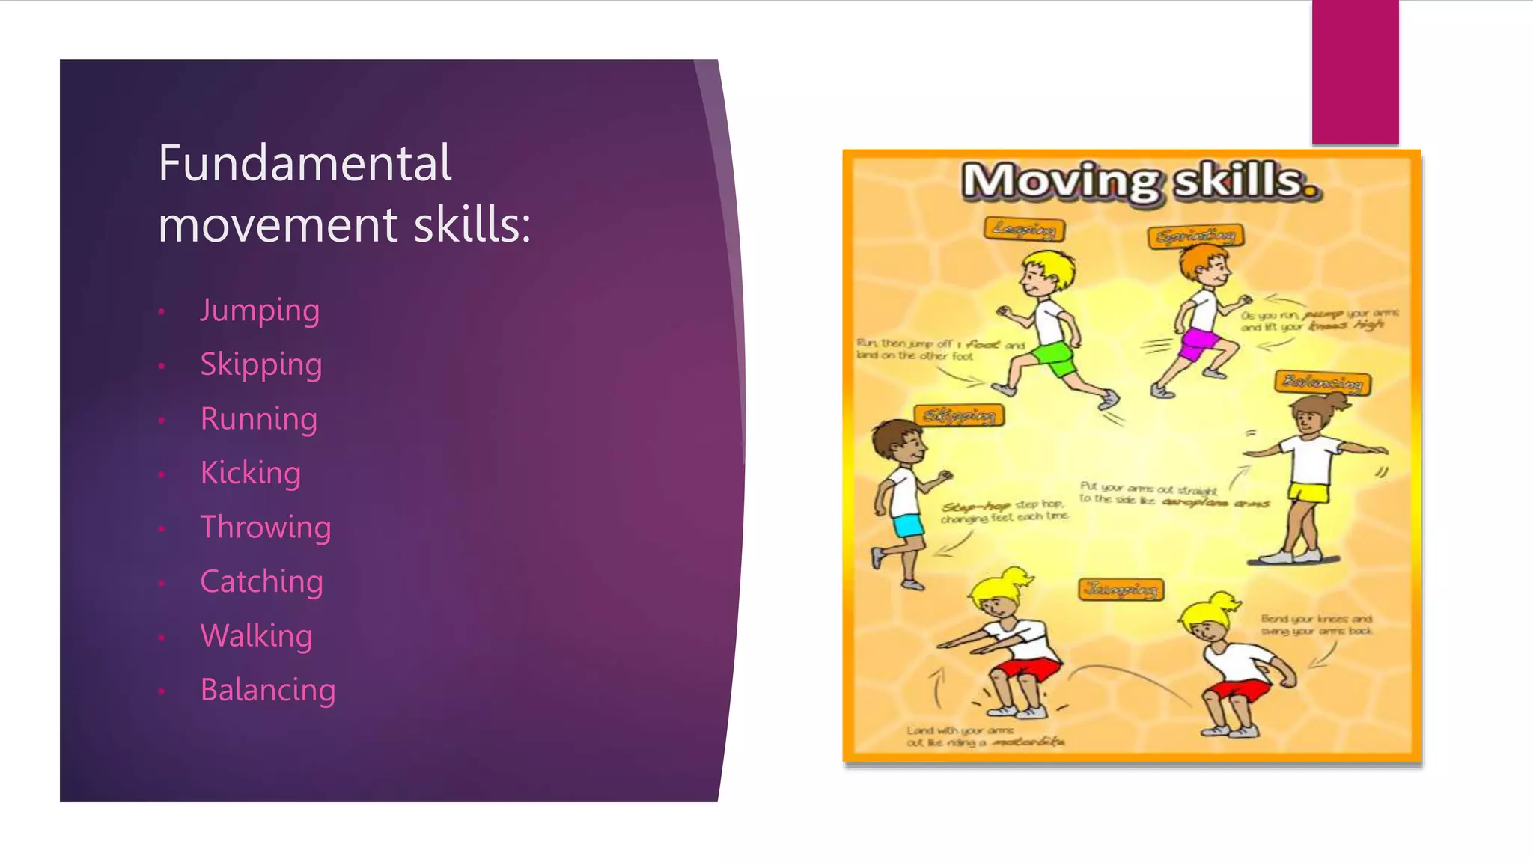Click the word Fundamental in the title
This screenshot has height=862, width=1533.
[305, 163]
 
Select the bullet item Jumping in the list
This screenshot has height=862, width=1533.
[260, 311]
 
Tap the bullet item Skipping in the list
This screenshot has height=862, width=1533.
[260, 365]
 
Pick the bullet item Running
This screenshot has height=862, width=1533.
[258, 419]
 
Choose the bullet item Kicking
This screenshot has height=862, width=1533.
[250, 474]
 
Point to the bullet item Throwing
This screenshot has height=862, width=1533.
[265, 528]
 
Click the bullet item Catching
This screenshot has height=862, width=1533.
[261, 582]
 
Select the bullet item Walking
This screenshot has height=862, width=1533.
[256, 636]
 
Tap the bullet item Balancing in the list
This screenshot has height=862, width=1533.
[267, 691]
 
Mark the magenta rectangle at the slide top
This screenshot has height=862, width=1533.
[1355, 72]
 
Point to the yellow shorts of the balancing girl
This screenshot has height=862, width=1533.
[1308, 492]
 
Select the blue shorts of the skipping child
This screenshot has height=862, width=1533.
[908, 525]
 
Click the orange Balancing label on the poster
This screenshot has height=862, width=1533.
[1323, 382]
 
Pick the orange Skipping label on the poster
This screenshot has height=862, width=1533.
[959, 415]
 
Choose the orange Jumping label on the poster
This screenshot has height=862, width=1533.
[1121, 590]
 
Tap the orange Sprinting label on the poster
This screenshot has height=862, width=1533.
[1195, 236]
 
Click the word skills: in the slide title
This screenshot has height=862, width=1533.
[472, 224]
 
